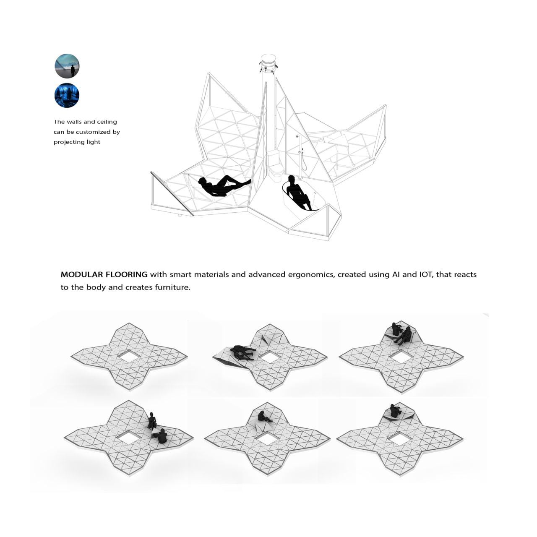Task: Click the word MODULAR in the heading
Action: (81, 275)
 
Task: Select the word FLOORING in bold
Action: (126, 275)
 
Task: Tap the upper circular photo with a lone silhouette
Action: (67, 66)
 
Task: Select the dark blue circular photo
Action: (67, 95)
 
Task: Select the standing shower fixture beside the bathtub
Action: (301, 156)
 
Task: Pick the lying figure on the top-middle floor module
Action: (243, 352)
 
